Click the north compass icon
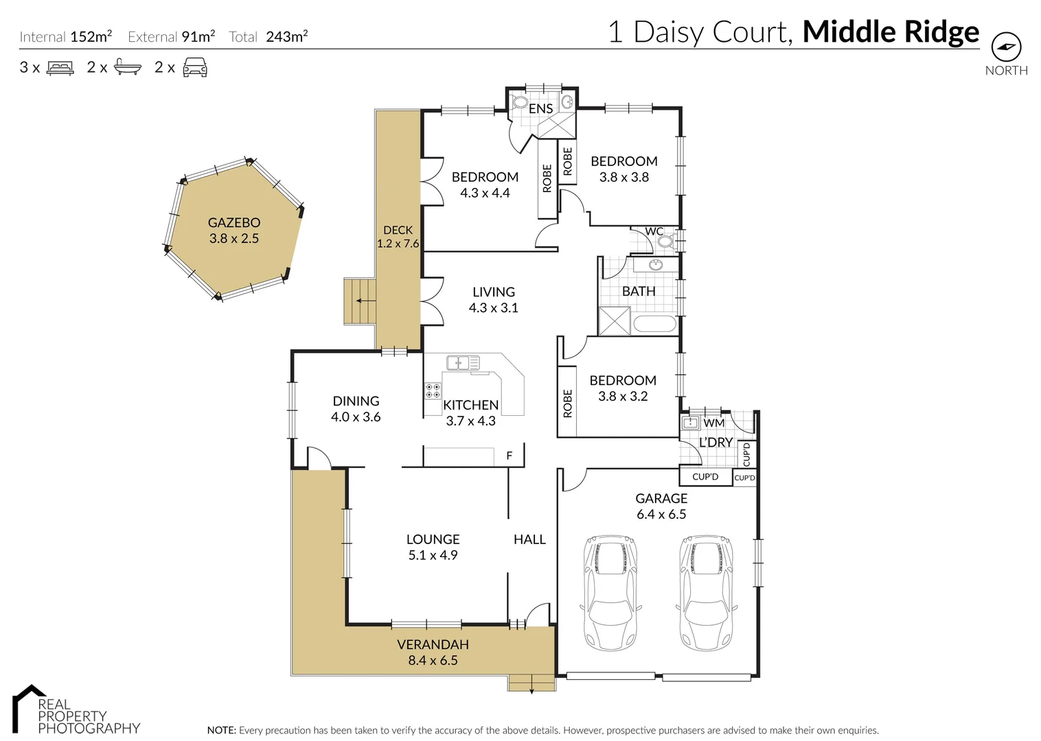pyautogui.click(x=1006, y=47)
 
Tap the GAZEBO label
pyautogui.click(x=234, y=222)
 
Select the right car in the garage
pyautogui.click(x=707, y=592)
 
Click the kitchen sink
pyautogui.click(x=462, y=363)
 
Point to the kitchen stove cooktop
pyautogui.click(x=433, y=391)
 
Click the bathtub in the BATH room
pyautogui.click(x=654, y=323)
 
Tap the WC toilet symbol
pyautogui.click(x=665, y=242)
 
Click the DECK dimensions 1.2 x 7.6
pyautogui.click(x=398, y=244)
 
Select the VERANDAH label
pyautogui.click(x=433, y=644)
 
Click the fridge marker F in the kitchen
pyautogui.click(x=509, y=456)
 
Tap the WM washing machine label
pyautogui.click(x=713, y=423)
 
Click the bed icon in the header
pyautogui.click(x=60, y=68)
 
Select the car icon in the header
pyautogui.click(x=195, y=67)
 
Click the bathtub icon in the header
pyautogui.click(x=128, y=67)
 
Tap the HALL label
pyautogui.click(x=529, y=540)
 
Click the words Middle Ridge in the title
pyautogui.click(x=891, y=32)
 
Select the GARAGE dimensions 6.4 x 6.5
pyautogui.click(x=661, y=515)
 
